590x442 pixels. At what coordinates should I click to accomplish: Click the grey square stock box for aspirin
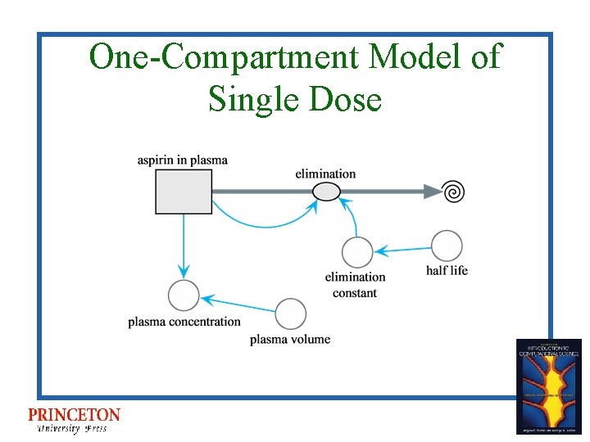(x=184, y=192)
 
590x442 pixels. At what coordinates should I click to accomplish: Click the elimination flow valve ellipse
(x=326, y=192)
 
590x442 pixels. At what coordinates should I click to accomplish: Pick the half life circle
(x=447, y=246)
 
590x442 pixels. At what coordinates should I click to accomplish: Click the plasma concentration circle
(x=184, y=295)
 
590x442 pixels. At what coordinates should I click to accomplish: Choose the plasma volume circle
(x=291, y=314)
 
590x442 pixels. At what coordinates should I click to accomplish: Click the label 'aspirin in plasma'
(x=183, y=160)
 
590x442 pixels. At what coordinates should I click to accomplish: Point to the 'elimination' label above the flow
(x=325, y=174)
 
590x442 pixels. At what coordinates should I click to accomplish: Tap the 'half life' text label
(x=447, y=270)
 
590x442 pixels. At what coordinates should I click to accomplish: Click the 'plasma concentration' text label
(x=184, y=322)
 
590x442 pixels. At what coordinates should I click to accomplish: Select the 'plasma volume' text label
(x=290, y=339)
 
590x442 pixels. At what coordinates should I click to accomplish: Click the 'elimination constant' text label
(x=355, y=285)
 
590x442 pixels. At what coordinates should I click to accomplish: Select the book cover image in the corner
(x=548, y=386)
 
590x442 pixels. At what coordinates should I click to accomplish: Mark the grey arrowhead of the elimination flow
(x=432, y=192)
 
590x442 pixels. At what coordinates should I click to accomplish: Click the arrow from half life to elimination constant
(x=402, y=249)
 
